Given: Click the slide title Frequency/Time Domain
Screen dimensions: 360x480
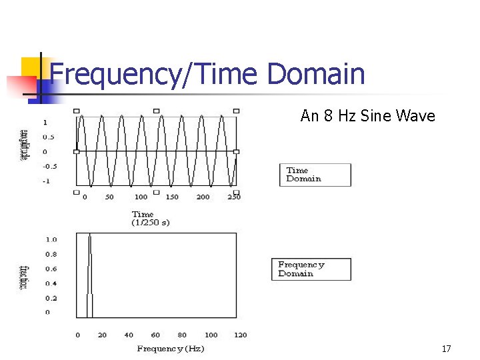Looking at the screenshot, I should pos(207,74).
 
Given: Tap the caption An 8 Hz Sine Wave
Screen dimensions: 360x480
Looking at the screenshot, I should pos(367,116).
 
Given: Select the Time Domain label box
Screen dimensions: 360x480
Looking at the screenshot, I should pos(315,175).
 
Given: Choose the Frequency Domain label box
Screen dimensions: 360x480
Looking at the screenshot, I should pos(311,269).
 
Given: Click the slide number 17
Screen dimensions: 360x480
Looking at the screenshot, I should pos(446,349).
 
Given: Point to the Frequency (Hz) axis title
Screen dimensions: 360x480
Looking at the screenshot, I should pos(171,349).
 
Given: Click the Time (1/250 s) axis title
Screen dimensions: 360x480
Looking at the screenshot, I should pos(150,219).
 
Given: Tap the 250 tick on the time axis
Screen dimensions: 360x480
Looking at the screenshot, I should pos(233,197).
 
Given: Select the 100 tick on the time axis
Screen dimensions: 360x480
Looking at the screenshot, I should pos(141,197).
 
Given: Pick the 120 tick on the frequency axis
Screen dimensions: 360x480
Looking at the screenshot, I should pos(240,335).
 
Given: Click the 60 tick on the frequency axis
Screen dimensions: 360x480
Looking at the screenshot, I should pos(155,335).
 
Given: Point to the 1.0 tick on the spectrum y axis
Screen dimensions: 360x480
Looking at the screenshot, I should pos(51,239).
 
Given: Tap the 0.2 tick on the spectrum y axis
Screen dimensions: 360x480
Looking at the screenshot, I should pos(51,298).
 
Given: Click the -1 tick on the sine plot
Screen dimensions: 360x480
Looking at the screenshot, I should pos(45,181).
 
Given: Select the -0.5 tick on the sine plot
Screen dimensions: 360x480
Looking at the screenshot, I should pos(50,166).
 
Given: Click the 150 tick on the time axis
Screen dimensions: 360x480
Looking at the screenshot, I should pos(172,197).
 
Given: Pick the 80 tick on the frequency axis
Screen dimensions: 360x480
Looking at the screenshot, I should pos(182,335).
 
